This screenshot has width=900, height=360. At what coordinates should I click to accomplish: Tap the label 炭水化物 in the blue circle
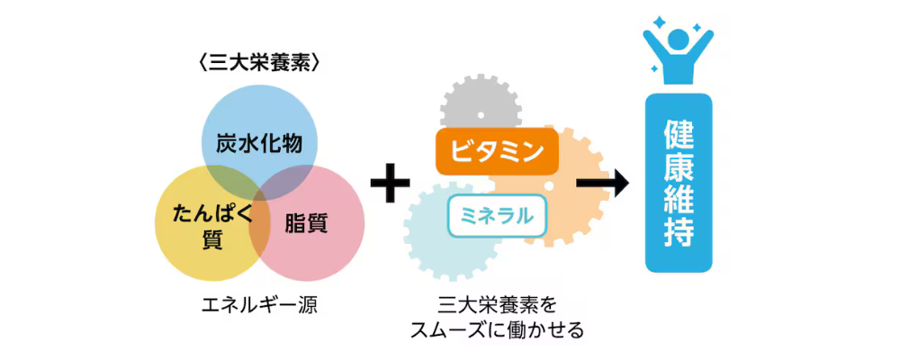[259, 143]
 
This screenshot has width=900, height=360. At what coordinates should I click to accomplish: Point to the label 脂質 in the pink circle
[306, 223]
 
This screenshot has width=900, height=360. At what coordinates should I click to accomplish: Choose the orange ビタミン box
[497, 152]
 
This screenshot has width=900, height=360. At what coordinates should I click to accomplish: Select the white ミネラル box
[497, 217]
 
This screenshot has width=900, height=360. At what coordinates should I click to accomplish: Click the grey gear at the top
[481, 105]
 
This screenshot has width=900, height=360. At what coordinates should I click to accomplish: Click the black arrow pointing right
[603, 184]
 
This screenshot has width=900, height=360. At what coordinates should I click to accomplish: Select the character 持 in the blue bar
[679, 230]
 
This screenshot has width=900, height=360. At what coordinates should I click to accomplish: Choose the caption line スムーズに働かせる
[497, 330]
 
